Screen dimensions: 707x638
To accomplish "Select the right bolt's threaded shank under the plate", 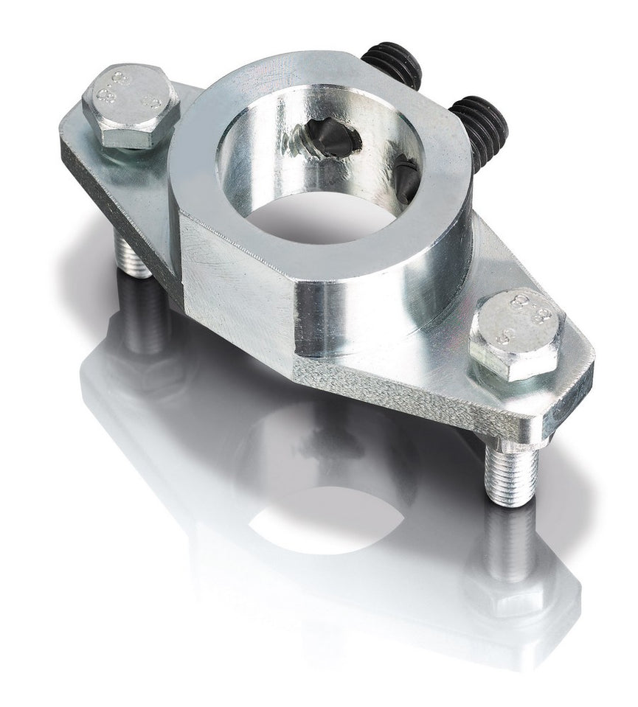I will pyautogui.click(x=511, y=476).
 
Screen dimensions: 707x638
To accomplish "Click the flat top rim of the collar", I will pyautogui.click(x=214, y=147).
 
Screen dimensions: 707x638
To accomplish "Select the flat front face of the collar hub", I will pyautogui.click(x=236, y=288).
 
